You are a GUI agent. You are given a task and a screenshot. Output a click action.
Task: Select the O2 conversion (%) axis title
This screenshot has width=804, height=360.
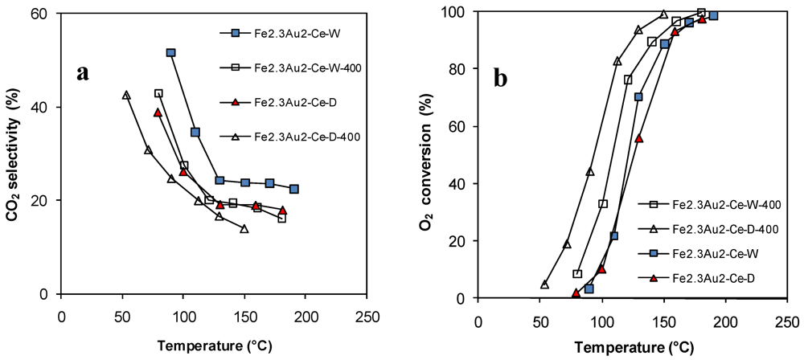[x=428, y=153]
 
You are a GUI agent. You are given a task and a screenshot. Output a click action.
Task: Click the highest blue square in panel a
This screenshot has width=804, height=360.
[x=170, y=53]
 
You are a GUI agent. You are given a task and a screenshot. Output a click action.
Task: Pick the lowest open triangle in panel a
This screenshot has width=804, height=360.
[x=244, y=229]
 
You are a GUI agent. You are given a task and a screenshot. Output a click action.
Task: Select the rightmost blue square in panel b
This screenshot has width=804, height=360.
[x=713, y=15]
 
